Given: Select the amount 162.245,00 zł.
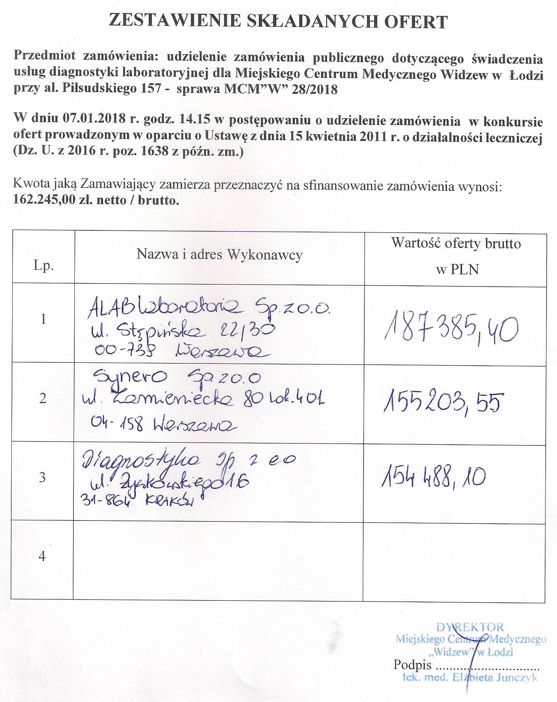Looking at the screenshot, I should click(47, 200).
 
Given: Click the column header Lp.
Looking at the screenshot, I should click(43, 266).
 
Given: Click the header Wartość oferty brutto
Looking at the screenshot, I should click(456, 243).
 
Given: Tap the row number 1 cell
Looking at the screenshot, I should click(43, 319).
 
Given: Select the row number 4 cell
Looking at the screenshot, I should click(42, 556).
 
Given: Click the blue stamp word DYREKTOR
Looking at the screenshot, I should click(470, 628).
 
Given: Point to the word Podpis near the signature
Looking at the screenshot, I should click(412, 665).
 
